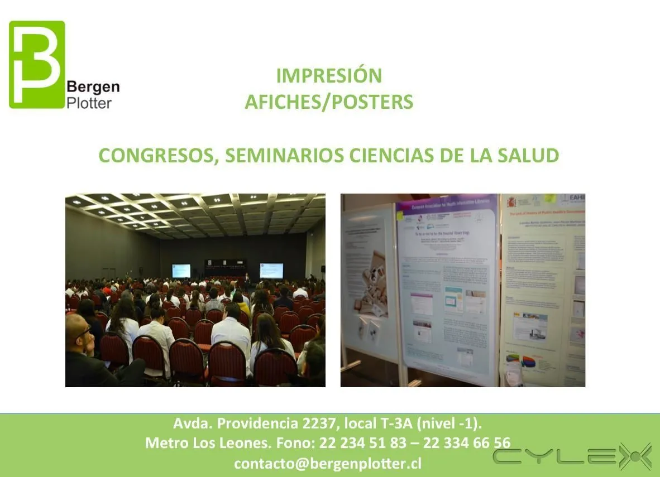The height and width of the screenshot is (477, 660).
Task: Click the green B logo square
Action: [x=37, y=64]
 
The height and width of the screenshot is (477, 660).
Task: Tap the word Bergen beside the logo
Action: [x=93, y=88]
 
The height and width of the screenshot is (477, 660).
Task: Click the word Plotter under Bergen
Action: [x=89, y=103]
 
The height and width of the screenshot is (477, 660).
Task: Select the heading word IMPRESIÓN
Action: [x=329, y=75]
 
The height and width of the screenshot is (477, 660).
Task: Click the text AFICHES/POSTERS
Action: [x=329, y=102]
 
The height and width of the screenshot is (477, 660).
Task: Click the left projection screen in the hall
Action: [x=181, y=271]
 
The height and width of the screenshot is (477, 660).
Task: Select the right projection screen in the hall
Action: [x=271, y=271]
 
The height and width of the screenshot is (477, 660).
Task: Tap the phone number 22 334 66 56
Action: [x=466, y=443]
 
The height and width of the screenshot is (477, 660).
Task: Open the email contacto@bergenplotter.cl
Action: [x=327, y=463]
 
